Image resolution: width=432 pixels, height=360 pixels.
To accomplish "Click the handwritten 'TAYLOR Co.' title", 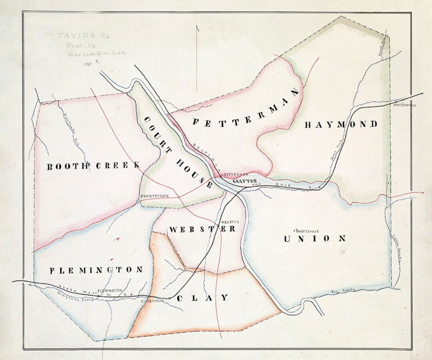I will pos(83,36).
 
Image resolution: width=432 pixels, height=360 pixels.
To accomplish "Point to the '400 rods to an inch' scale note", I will pos(100,54).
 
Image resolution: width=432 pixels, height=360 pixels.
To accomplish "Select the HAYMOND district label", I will pos(341,124).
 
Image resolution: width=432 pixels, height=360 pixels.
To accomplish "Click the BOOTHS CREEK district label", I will pos(94,166).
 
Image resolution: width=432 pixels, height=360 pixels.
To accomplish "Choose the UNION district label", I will pos(315,239).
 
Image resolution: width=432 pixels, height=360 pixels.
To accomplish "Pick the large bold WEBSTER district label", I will pos(202,229).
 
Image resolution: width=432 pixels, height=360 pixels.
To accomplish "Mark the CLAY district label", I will pos(203,298).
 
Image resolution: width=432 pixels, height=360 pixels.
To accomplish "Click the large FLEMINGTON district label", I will pos(96,270).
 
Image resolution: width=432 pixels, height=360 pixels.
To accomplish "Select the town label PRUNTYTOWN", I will pos(154,196).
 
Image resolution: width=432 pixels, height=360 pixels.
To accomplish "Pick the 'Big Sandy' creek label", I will pos(343,290).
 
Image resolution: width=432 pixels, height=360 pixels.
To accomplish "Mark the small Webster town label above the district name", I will pos(230,222).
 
